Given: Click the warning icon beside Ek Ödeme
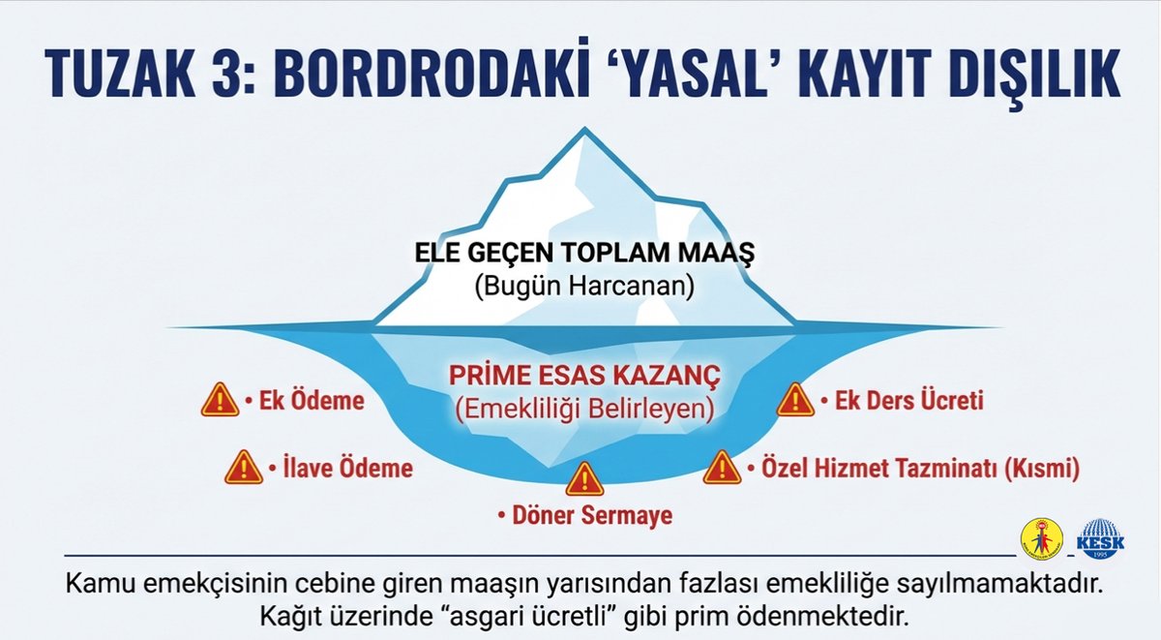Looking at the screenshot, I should pyautogui.click(x=220, y=399).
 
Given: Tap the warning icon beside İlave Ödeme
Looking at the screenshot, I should pyautogui.click(x=243, y=468).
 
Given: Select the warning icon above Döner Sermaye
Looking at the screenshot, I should pyautogui.click(x=583, y=478).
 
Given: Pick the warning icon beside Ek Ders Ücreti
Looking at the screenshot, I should pyautogui.click(x=795, y=399).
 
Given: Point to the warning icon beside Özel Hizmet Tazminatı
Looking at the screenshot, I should pyautogui.click(x=722, y=468).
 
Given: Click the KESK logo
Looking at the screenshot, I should pyautogui.click(x=1100, y=538).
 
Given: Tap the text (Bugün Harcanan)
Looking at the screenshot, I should pyautogui.click(x=584, y=288).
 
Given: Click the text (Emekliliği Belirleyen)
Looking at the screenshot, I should pyautogui.click(x=584, y=410).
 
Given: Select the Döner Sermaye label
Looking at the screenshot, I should pyautogui.click(x=589, y=516).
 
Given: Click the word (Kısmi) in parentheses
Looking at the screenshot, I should pyautogui.click(x=1041, y=470).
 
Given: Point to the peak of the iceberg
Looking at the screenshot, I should pyautogui.click(x=581, y=134).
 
